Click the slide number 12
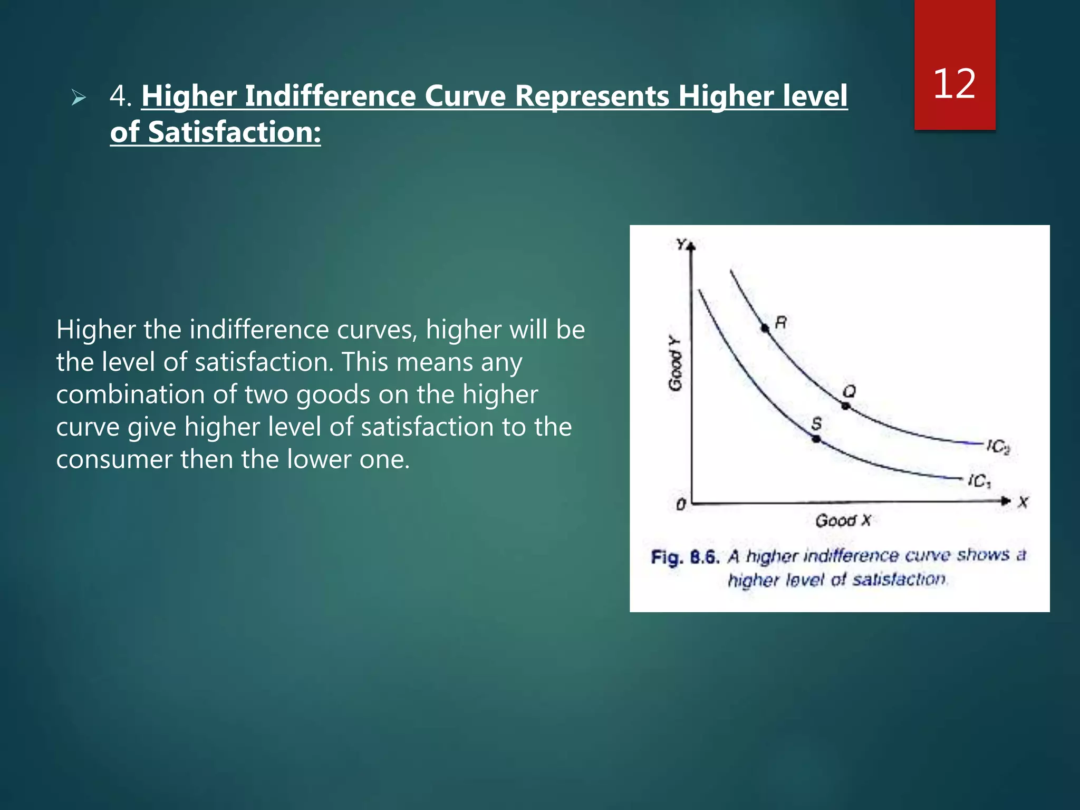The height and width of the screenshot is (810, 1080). [954, 84]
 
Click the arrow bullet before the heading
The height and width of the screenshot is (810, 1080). [79, 98]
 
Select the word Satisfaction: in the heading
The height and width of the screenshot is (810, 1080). [234, 132]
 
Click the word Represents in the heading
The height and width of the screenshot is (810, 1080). [592, 97]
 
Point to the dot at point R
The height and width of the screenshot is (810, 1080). [765, 328]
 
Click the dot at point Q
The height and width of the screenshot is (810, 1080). [845, 406]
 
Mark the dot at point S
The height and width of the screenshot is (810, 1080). [816, 438]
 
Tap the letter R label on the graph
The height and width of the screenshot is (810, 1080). [781, 322]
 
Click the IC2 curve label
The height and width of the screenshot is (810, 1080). [998, 447]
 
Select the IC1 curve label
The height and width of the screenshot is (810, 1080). [979, 481]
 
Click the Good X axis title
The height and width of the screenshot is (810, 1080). [843, 521]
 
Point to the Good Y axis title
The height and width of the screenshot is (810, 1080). [675, 364]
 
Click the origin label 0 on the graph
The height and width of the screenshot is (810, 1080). [681, 505]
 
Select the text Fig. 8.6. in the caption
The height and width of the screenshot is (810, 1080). [685, 557]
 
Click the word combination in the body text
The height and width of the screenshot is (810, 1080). [130, 395]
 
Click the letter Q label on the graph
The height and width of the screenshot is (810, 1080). [849, 391]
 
